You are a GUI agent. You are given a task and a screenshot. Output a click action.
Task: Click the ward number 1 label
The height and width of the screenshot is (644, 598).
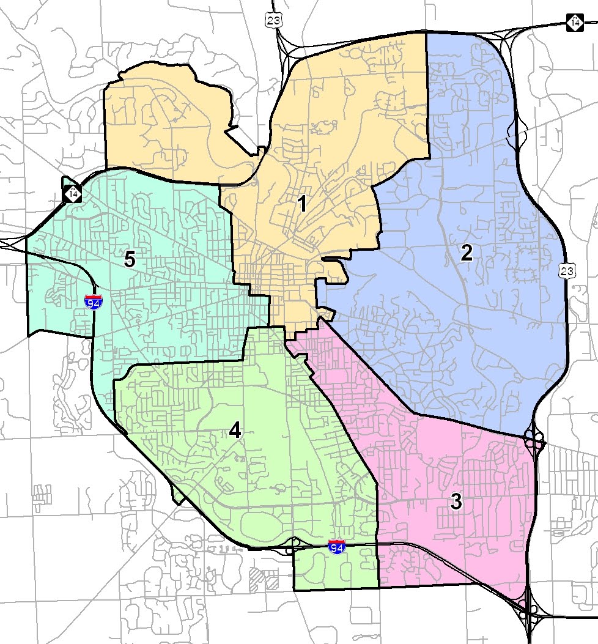[x=301, y=204]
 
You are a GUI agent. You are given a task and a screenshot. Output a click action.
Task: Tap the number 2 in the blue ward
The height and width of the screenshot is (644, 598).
[x=467, y=253]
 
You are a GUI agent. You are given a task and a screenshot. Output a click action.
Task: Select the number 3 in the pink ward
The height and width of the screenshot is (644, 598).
[x=456, y=502]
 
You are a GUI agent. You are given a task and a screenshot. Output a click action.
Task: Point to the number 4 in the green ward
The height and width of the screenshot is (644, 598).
[x=235, y=431]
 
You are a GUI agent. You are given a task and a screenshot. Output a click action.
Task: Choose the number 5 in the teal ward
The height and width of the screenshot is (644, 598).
[x=129, y=259]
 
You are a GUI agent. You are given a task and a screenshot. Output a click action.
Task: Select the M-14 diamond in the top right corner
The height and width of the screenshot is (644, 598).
[x=574, y=22]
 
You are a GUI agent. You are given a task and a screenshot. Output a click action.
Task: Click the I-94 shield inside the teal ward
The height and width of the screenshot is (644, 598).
[x=94, y=301]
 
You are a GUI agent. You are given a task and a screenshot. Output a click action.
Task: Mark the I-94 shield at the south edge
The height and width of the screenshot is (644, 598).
[x=336, y=547]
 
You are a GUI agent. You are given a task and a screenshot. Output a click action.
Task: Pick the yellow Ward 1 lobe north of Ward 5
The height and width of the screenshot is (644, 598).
[x=165, y=128]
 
